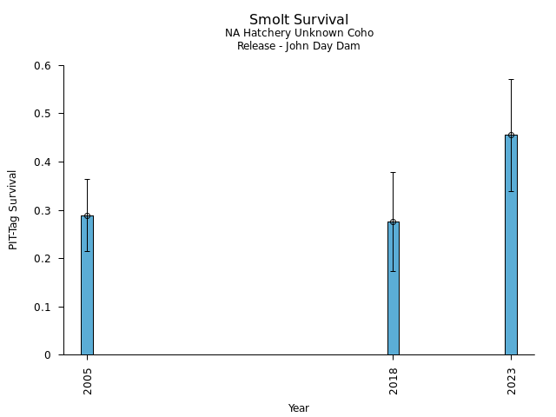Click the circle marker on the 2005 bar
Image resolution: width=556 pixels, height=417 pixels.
click(x=87, y=215)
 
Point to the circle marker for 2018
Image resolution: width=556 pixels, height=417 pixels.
click(x=394, y=222)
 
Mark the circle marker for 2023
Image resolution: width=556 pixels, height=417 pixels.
click(x=511, y=135)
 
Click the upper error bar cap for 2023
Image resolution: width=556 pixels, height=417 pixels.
click(x=511, y=79)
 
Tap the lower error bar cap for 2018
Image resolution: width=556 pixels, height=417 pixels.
click(x=394, y=271)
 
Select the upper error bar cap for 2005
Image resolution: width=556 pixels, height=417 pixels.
click(x=87, y=179)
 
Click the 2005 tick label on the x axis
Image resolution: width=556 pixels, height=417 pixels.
click(x=88, y=381)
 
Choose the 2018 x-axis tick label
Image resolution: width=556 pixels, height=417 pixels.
click(x=394, y=381)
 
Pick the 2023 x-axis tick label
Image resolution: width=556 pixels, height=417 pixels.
click(x=512, y=381)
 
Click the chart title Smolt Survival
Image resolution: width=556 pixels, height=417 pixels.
click(x=299, y=20)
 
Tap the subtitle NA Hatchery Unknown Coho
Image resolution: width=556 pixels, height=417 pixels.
click(x=299, y=33)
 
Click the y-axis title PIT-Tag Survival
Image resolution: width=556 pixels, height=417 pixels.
click(x=14, y=209)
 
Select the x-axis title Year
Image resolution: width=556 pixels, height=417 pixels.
click(x=299, y=408)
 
